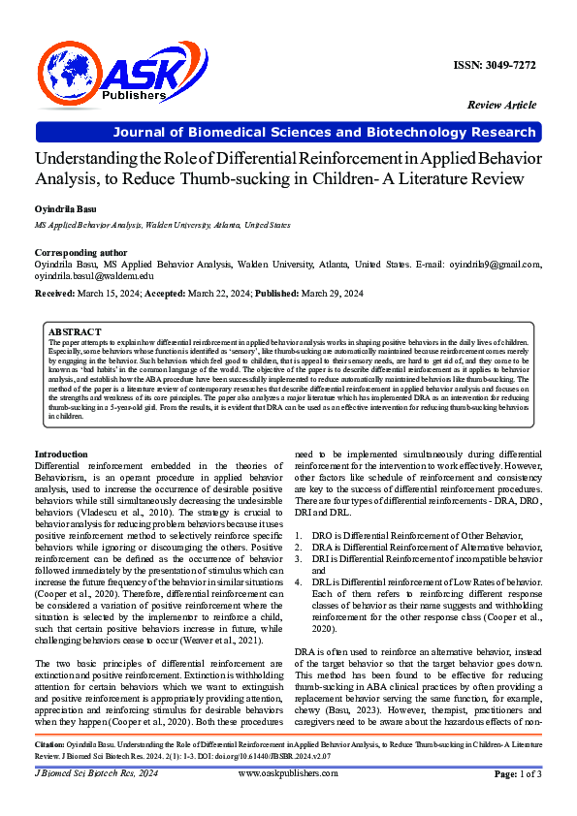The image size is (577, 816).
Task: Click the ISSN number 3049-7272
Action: (x=495, y=65)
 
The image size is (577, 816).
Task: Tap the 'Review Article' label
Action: (x=501, y=104)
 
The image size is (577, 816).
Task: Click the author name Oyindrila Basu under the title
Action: (x=66, y=208)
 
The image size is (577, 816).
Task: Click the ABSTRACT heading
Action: (x=74, y=330)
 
